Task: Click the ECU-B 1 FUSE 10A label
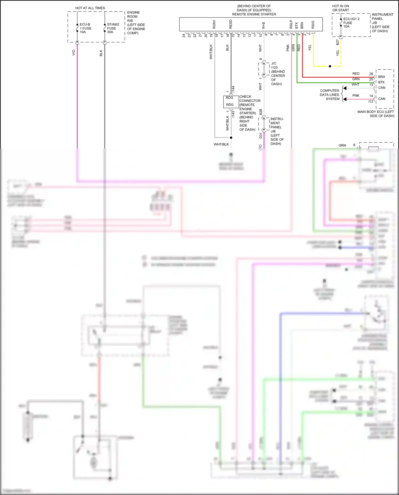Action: pyautogui.click(x=85, y=28)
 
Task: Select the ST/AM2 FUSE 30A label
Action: pyautogui.click(x=113, y=28)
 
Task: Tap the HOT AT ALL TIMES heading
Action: pyautogui.click(x=90, y=8)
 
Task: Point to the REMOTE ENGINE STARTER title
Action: pyautogui.click(x=254, y=14)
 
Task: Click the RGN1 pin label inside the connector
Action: pyautogui.click(x=214, y=24)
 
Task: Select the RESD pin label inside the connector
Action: pyautogui.click(x=231, y=24)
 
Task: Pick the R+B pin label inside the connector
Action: pyautogui.click(x=263, y=25)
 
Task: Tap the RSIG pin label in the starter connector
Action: pyautogui.click(x=313, y=24)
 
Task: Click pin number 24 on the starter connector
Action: pyautogui.click(x=184, y=35)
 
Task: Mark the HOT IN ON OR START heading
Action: pyautogui.click(x=340, y=8)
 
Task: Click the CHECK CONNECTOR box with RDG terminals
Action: pyautogui.click(x=231, y=101)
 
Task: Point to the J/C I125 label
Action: pyautogui.click(x=274, y=65)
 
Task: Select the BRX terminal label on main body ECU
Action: pyautogui.click(x=381, y=77)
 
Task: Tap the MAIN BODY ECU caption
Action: pyautogui.click(x=375, y=114)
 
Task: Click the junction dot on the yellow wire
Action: pyautogui.click(x=330, y=66)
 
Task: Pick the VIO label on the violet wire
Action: pyautogui.click(x=74, y=53)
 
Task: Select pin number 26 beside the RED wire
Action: pyautogui.click(x=371, y=74)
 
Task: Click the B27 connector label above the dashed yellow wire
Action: pyautogui.click(x=338, y=42)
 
